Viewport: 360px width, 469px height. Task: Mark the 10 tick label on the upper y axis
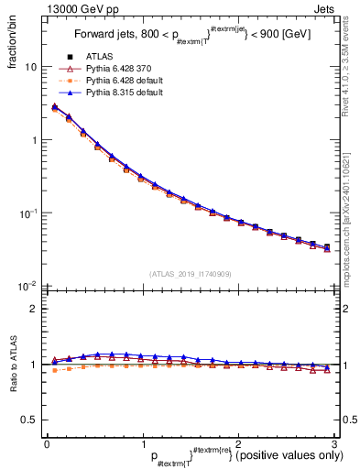pos(31,68)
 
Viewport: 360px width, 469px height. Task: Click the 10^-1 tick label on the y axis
pos(28,213)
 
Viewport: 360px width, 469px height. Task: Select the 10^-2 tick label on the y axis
pos(28,286)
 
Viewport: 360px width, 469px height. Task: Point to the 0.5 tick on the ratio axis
pos(30,420)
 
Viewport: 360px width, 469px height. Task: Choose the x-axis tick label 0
pos(47,442)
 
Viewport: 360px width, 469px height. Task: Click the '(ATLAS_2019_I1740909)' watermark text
pos(189,274)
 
